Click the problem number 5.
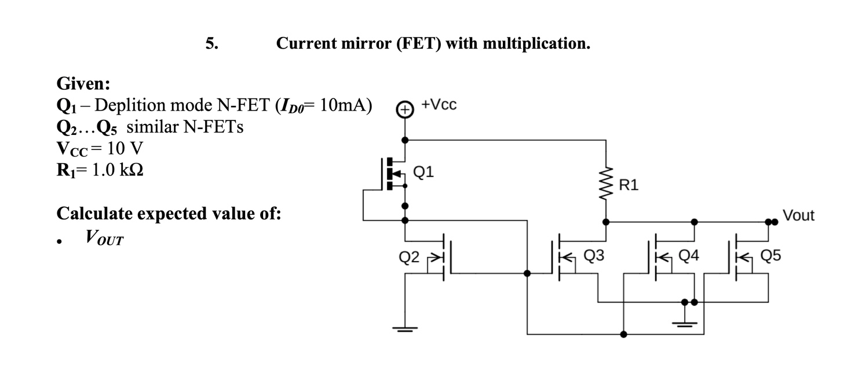[x=212, y=44]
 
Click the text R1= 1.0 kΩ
[x=99, y=171]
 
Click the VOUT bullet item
[x=104, y=237]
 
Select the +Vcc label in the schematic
[x=439, y=105]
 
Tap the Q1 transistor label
[x=423, y=171]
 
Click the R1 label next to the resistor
[x=629, y=185]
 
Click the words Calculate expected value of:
[x=169, y=214]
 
